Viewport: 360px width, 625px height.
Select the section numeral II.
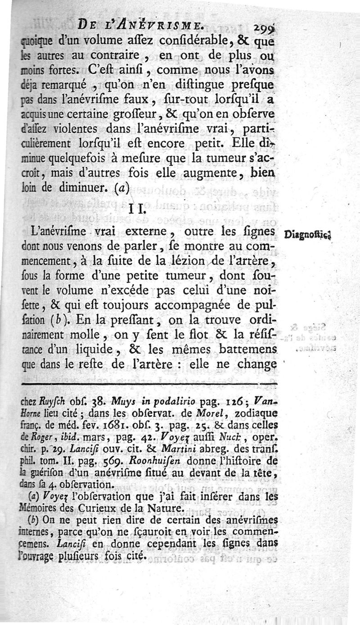coord(137,208)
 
